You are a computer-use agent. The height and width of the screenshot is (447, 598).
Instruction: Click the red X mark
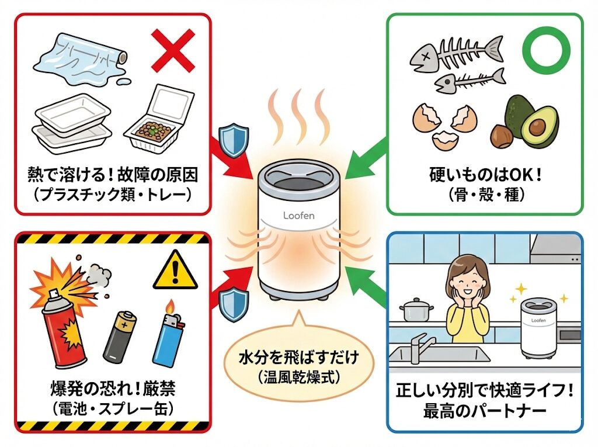tap(173, 51)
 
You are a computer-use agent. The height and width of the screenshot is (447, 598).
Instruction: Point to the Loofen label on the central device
tap(298, 216)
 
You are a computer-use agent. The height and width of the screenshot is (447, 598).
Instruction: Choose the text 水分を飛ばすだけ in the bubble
tap(298, 358)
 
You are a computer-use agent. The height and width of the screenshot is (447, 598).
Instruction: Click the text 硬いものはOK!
tap(484, 174)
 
